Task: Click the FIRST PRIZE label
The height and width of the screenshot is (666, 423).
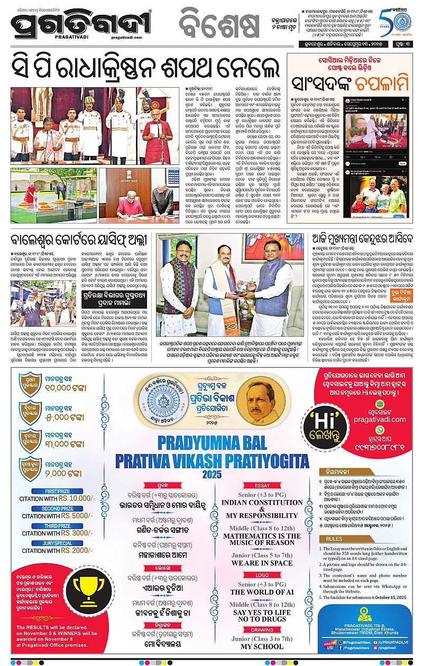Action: click(58, 491)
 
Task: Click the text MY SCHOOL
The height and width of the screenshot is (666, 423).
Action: click(262, 646)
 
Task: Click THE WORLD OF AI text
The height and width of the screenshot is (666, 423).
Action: click(262, 592)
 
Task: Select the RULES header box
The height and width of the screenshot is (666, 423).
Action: click(334, 539)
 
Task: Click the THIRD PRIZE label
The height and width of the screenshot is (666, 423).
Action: click(58, 526)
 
